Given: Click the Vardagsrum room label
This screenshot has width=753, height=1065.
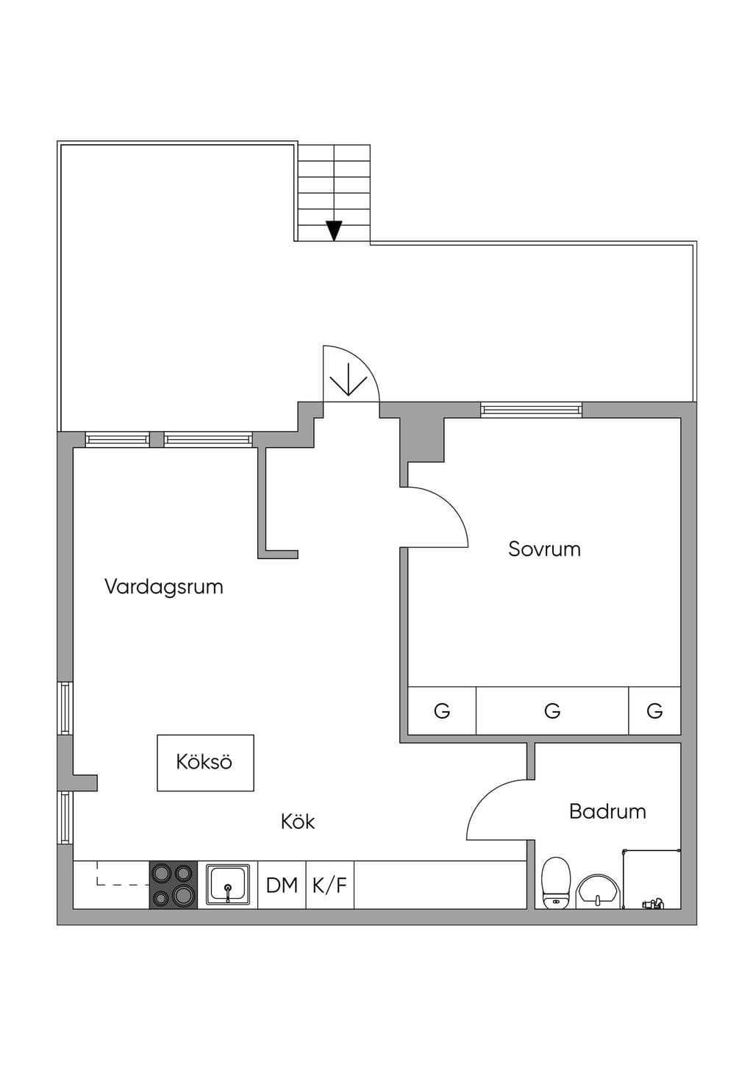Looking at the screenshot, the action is [163, 587].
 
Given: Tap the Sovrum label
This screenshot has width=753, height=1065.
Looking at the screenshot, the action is [544, 549].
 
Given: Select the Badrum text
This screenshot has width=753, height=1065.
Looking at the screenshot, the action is [607, 811].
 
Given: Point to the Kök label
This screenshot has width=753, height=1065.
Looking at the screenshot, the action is [298, 822].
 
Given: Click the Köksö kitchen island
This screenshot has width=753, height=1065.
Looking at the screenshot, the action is [205, 763].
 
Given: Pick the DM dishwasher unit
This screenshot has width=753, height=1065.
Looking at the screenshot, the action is [282, 885].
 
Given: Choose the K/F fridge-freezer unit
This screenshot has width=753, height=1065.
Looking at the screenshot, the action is [330, 885].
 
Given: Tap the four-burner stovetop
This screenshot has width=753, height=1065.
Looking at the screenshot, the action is [174, 885].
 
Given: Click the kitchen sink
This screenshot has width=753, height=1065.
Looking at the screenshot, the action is [228, 885].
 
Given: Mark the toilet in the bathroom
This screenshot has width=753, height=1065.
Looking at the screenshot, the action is [556, 883].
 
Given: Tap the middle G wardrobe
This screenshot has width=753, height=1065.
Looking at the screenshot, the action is [552, 710].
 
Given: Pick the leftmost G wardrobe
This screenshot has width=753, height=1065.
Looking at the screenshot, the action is [442, 710].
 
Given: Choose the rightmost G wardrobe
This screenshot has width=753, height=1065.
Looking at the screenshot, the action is [654, 710].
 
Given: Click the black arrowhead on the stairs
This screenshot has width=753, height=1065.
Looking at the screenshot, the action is [335, 231].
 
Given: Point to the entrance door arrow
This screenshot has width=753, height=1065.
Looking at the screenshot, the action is [349, 380].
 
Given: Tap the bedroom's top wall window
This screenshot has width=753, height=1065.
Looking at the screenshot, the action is [531, 410].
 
